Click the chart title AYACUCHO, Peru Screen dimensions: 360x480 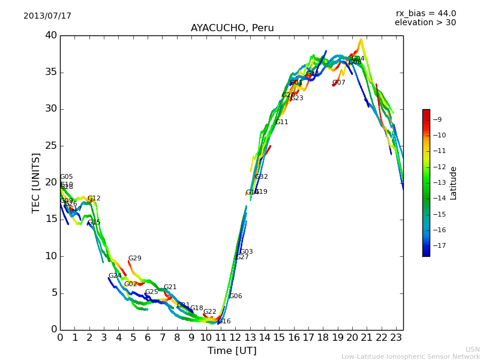(232, 28)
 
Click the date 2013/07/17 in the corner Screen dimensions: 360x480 (47, 16)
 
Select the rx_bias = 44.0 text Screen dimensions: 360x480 (425, 14)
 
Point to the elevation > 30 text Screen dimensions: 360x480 (425, 23)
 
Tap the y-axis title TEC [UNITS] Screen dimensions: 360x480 (37, 182)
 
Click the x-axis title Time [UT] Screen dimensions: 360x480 (232, 351)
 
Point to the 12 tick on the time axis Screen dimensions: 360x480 (235, 338)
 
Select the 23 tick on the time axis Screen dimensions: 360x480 (396, 338)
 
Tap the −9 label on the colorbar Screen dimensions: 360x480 (437, 119)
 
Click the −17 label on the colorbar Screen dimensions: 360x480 (439, 245)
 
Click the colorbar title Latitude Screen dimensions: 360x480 (454, 183)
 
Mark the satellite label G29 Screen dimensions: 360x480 (134, 259)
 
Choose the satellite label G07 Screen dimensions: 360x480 (339, 83)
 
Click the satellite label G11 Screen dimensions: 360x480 (281, 122)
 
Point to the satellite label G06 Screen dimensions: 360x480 (235, 296)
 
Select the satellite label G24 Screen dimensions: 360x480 (115, 276)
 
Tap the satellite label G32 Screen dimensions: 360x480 (261, 177)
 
